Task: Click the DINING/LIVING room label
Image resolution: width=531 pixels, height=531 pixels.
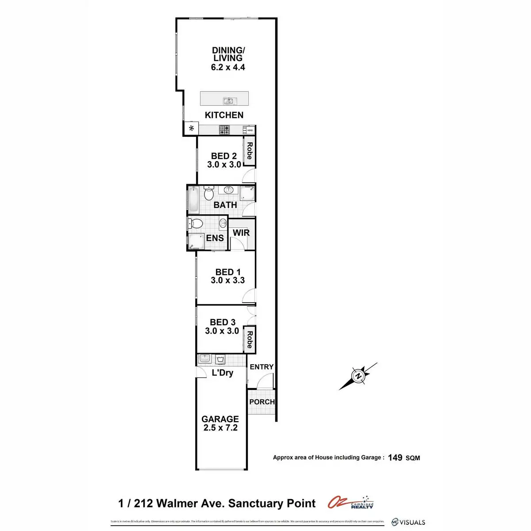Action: [x=228, y=54]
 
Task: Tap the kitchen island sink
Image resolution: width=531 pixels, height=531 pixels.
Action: [x=228, y=101]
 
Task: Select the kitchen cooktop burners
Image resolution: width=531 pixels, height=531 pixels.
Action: [x=225, y=130]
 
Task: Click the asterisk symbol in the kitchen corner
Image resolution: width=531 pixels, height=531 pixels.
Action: [x=192, y=129]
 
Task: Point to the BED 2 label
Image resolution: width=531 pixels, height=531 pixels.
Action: [x=224, y=156]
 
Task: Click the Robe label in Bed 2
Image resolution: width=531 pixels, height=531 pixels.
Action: [x=250, y=151]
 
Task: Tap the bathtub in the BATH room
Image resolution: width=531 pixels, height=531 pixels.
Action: [x=193, y=200]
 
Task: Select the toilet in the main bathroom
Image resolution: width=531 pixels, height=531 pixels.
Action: [x=208, y=193]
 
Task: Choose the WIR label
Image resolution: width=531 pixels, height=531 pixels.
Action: [x=241, y=233]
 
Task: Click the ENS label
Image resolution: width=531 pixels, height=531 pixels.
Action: [x=215, y=238]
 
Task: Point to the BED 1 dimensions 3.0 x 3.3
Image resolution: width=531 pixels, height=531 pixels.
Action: [x=228, y=280]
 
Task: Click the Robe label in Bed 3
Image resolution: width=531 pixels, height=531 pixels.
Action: [x=250, y=339]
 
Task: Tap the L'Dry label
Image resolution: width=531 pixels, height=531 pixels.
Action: [x=222, y=373]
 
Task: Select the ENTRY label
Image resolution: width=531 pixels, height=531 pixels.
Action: [x=262, y=367]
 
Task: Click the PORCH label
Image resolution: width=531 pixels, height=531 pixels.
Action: [x=262, y=402]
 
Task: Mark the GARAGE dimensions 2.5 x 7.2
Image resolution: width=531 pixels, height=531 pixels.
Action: [x=220, y=428]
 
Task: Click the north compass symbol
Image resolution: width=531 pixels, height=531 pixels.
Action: [x=358, y=376]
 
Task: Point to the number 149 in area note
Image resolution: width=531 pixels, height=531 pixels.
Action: [x=395, y=458]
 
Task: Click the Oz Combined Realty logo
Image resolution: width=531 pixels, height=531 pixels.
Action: [x=351, y=503]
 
